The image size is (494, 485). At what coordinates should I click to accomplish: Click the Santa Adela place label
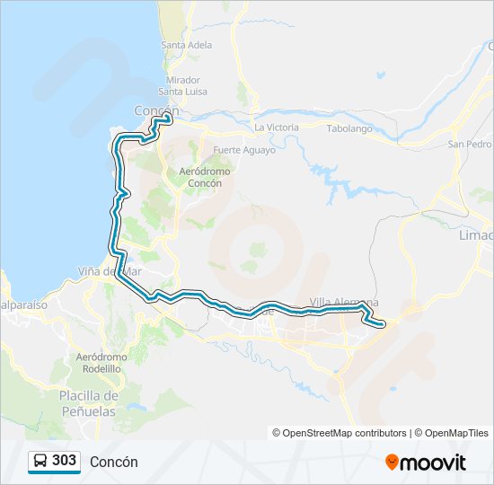(186, 45)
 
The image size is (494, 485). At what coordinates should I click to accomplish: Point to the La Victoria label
(276, 128)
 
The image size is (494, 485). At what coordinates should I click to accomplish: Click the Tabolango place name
(349, 128)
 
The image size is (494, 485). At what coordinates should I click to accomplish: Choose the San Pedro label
(470, 144)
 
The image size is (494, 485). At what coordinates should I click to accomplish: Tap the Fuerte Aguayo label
(244, 150)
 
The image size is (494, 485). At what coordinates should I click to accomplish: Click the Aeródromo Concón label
(205, 176)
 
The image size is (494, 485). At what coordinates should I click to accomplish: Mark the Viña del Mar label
(110, 271)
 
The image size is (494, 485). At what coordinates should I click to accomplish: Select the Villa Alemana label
(343, 302)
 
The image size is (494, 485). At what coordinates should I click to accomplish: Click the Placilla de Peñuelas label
(89, 402)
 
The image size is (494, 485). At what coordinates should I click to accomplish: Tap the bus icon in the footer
(40, 462)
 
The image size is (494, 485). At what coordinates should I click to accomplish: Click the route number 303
(64, 461)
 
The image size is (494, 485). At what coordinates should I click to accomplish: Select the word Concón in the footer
(113, 462)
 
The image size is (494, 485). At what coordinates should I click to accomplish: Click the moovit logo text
(433, 463)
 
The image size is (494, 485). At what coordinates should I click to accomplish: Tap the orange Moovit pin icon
(392, 462)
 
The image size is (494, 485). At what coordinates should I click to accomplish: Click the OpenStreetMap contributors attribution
(339, 433)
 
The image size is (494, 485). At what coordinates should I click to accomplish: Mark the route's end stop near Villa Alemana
(384, 324)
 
